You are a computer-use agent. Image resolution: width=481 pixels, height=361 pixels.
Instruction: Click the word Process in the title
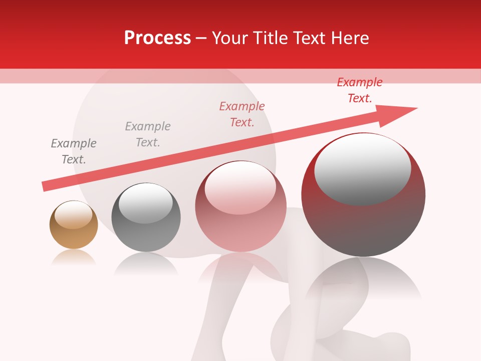click(x=157, y=38)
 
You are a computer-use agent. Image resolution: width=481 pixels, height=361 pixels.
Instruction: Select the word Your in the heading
click(x=231, y=38)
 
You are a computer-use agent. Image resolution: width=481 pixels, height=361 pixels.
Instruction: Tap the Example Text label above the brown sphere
click(x=74, y=151)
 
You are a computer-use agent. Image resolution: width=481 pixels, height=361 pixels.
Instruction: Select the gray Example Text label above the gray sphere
click(x=148, y=134)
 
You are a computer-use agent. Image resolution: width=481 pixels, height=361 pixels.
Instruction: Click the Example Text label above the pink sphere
click(x=242, y=114)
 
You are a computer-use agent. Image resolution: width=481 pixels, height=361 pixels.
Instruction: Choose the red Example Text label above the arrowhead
click(x=360, y=90)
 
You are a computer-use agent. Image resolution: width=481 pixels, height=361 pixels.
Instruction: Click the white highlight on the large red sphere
click(x=362, y=168)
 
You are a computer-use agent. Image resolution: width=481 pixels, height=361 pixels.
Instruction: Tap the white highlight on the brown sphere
click(x=73, y=215)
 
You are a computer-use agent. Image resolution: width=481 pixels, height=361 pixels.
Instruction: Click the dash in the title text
click(x=201, y=39)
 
